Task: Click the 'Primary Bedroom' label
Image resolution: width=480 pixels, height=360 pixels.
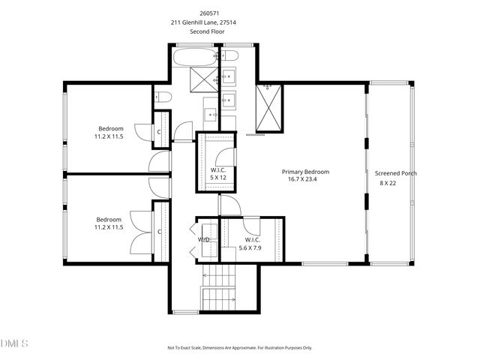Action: point(305,172)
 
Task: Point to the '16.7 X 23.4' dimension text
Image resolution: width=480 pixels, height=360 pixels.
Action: point(303,179)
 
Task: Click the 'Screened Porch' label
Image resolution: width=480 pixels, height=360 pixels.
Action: point(395,173)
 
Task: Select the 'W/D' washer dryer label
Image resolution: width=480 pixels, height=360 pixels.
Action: point(204,240)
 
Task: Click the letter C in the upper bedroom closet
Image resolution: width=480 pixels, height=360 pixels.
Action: point(159,133)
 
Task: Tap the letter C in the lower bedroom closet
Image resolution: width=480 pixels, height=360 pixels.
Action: point(159,232)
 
